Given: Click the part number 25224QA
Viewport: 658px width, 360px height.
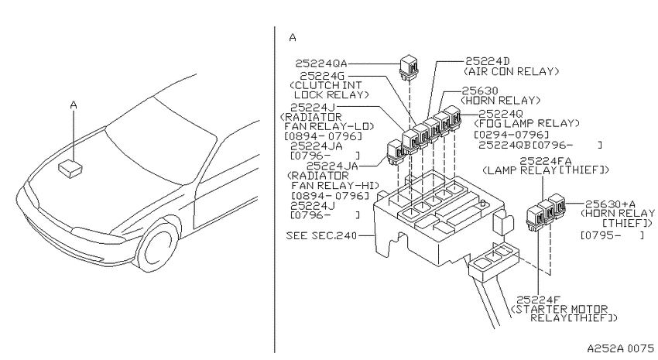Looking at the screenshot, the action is [321, 63].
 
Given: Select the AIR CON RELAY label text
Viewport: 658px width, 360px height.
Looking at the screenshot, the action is [511, 71].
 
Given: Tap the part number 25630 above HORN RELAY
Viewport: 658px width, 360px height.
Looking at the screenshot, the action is [480, 91].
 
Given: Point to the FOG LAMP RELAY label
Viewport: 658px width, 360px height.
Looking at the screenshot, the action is [526, 123].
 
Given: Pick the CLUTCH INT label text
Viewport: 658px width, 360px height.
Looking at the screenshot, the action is [326, 85].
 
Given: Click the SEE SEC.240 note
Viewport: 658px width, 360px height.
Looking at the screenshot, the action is [321, 236].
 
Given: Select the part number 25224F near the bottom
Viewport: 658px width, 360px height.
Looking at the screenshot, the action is [539, 300].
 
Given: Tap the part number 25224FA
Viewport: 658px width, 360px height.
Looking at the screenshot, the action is [546, 161].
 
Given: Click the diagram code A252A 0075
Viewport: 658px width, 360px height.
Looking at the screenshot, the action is [620, 348].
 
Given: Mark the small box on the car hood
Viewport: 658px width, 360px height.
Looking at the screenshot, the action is [70, 169].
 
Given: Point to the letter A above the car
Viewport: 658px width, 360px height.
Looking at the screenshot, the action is [74, 105].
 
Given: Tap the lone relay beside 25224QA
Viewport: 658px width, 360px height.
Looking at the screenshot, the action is [408, 67].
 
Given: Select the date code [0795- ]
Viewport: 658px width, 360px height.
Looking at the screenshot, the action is [612, 235].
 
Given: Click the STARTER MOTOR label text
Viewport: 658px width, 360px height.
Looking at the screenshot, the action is [560, 309].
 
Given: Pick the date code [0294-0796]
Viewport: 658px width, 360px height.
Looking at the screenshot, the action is [511, 135].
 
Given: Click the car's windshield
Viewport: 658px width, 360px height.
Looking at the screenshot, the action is [162, 142].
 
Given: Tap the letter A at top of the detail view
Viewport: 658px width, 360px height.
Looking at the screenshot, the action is [293, 38].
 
